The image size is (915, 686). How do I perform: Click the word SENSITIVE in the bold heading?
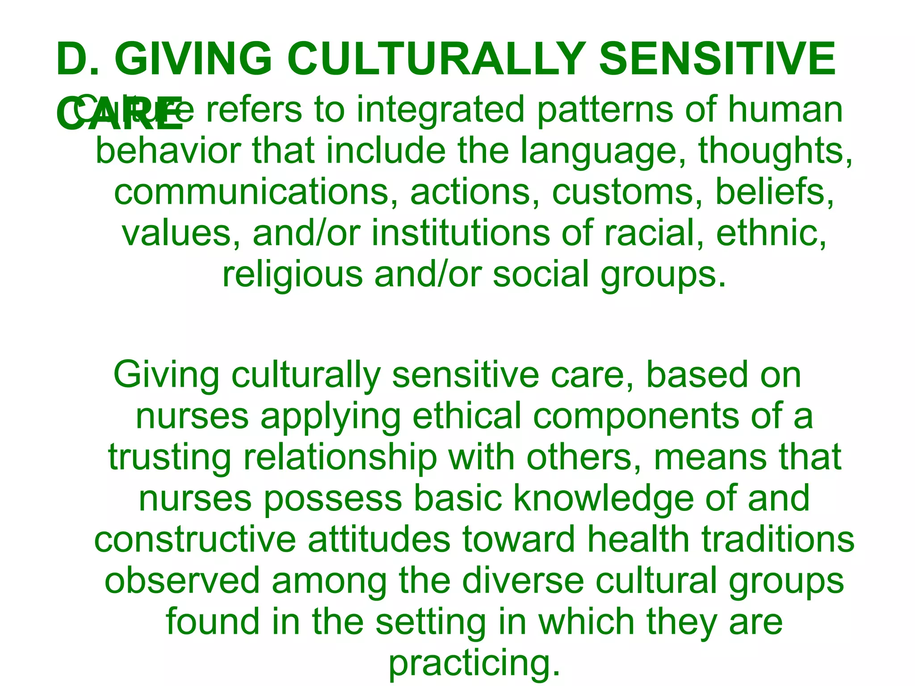717,59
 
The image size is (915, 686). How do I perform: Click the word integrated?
440,110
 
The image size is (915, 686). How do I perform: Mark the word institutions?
461,233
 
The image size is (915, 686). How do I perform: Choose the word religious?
292,274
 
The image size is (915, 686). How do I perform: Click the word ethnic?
771,233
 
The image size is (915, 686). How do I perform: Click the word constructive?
195,540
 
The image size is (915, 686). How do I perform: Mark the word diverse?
523,581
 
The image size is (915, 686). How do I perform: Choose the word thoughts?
775,151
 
